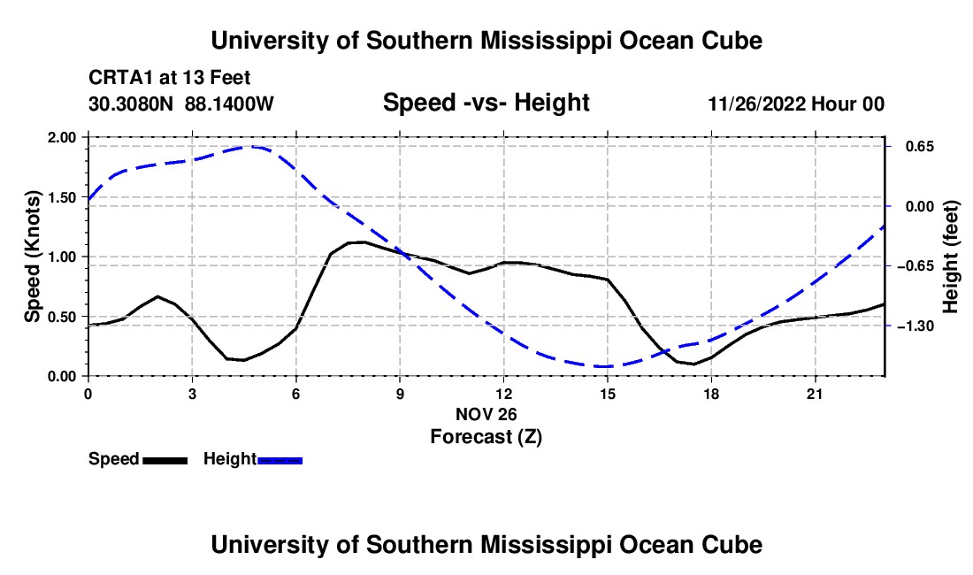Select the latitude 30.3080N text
131,103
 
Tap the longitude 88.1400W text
229,103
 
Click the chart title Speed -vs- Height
486,103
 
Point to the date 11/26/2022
757,103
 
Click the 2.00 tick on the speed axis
61,137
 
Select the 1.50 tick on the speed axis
61,197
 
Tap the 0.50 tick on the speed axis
61,317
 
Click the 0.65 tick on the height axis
920,147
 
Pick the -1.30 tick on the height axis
916,326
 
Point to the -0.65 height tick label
916,267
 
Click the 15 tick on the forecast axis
608,394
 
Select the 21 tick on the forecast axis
815,394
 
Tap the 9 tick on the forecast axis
400,394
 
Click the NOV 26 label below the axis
486,414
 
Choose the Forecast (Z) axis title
486,437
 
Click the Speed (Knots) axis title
32,257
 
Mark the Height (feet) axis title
951,257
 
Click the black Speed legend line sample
165,461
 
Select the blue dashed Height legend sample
280,461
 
